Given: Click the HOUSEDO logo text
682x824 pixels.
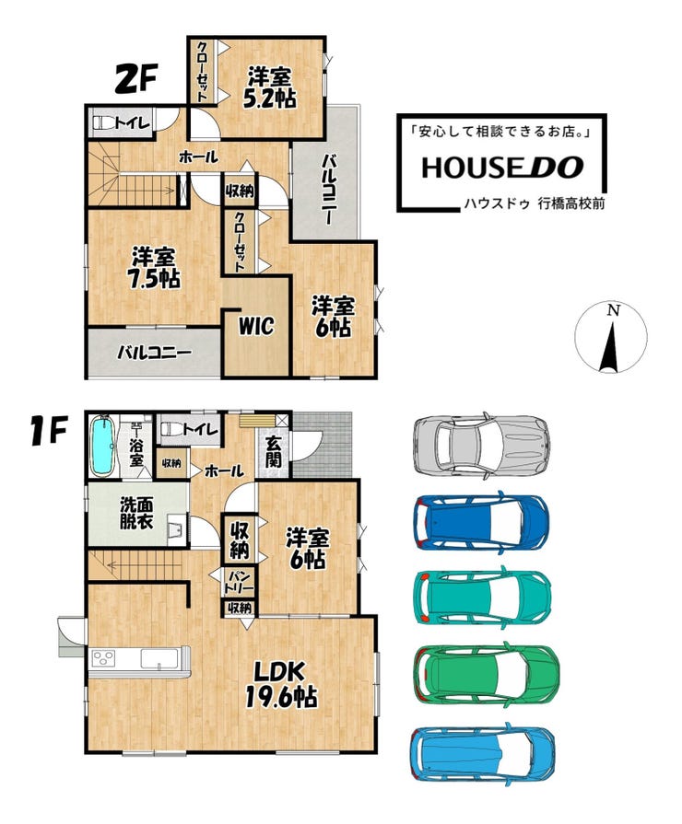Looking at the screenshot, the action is [x=502, y=168].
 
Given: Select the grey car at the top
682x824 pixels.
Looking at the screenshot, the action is [x=481, y=443].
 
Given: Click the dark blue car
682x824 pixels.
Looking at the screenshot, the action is [x=481, y=520].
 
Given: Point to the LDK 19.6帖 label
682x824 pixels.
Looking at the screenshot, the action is [x=281, y=685].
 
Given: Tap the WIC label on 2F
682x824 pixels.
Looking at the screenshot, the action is [x=256, y=326].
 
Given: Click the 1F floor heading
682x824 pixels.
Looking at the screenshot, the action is [x=48, y=433].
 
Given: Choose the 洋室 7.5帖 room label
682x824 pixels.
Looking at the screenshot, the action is [x=154, y=268].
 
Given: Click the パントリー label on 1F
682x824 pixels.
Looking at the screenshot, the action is [x=239, y=582].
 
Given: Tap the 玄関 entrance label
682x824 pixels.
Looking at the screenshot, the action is [x=273, y=452].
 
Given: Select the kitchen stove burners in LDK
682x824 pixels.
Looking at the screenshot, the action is [x=103, y=658].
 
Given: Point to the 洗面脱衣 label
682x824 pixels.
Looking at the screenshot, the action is [x=136, y=514].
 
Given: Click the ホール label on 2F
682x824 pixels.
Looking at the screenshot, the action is [x=198, y=157].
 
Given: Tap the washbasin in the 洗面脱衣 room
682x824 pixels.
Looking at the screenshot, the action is [x=176, y=530].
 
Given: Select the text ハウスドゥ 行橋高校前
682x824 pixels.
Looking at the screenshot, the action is [x=535, y=203].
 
